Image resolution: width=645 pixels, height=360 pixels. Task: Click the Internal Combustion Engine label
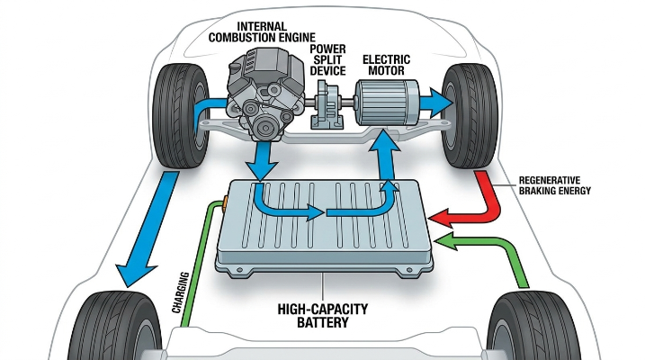262,32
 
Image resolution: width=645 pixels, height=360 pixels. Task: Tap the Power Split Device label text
327,60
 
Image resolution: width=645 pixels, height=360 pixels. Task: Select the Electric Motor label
386,65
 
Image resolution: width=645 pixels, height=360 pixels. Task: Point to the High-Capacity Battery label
322,316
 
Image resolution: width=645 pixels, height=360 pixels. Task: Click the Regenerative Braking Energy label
554,185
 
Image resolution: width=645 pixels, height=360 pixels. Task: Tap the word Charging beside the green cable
180,292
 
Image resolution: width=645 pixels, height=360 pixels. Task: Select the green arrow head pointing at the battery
446,240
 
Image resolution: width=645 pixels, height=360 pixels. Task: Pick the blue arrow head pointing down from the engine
260,170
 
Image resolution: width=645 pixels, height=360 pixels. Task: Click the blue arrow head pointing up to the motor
384,140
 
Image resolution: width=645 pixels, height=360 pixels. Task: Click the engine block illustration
264,94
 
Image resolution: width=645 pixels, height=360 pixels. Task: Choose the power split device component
327,104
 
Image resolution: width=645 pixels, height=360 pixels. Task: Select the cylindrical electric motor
387,103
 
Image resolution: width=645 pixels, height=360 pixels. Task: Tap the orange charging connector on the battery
225,203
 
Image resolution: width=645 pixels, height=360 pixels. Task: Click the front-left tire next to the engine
181,115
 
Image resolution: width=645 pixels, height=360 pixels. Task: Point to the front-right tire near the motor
470,115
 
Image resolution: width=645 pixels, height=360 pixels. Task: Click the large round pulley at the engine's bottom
265,129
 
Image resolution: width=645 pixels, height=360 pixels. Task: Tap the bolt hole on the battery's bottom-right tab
409,270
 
